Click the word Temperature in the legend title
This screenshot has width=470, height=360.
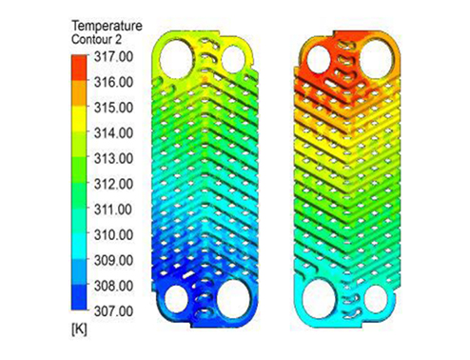click(107, 26)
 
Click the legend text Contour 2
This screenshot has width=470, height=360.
click(96, 40)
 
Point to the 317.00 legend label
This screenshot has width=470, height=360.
click(113, 57)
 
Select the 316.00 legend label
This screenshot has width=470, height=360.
click(113, 82)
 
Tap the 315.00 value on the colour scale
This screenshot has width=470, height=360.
click(113, 108)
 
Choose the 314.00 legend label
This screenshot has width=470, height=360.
click(113, 133)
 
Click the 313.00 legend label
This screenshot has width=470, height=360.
click(113, 158)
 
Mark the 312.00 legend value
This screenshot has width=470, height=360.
click(113, 184)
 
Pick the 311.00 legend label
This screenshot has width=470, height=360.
click(113, 210)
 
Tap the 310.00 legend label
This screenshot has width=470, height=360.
click(113, 235)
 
